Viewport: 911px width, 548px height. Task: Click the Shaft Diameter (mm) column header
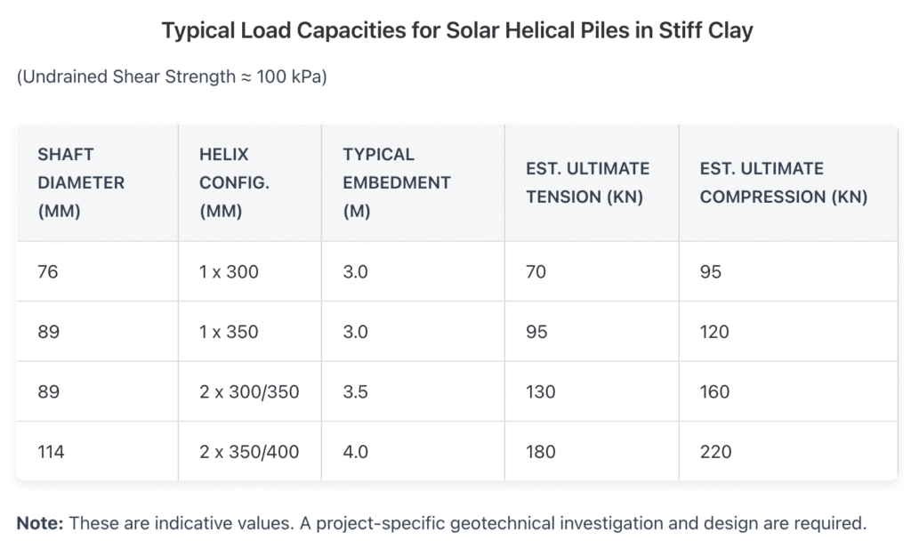tap(81, 182)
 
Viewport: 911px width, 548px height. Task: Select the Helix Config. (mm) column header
tap(234, 182)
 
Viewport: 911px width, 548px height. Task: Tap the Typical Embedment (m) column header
tap(397, 182)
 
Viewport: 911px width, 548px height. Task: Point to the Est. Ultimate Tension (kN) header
tap(587, 182)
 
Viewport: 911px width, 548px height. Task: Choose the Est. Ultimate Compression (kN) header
tap(783, 182)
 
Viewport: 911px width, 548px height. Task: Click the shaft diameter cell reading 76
tap(48, 271)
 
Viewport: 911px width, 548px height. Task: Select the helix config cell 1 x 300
tap(229, 271)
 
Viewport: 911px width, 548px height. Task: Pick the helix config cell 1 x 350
tap(229, 332)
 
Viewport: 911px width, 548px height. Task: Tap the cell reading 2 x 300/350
tap(249, 391)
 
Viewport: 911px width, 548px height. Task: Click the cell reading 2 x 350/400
tap(249, 452)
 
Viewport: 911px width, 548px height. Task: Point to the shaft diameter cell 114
tap(51, 452)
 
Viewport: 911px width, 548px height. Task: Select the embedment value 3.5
tap(355, 391)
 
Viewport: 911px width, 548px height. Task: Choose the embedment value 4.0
tap(355, 452)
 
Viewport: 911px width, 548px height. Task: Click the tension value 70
tap(536, 271)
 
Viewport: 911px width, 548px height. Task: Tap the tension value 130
tap(540, 391)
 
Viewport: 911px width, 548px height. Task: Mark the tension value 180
tap(540, 452)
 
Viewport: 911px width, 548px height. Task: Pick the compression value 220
tap(715, 452)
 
